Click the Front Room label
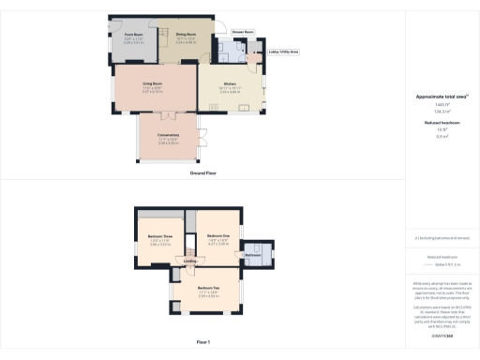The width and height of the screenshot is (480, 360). coord(132,35)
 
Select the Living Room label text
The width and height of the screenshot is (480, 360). coord(153,85)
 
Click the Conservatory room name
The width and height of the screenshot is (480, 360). coord(168,136)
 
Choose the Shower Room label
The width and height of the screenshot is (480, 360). coord(244,31)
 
